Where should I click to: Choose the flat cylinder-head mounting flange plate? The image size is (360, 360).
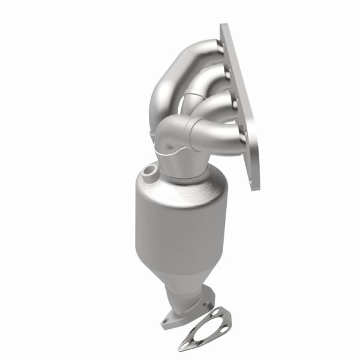(x=240, y=108)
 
